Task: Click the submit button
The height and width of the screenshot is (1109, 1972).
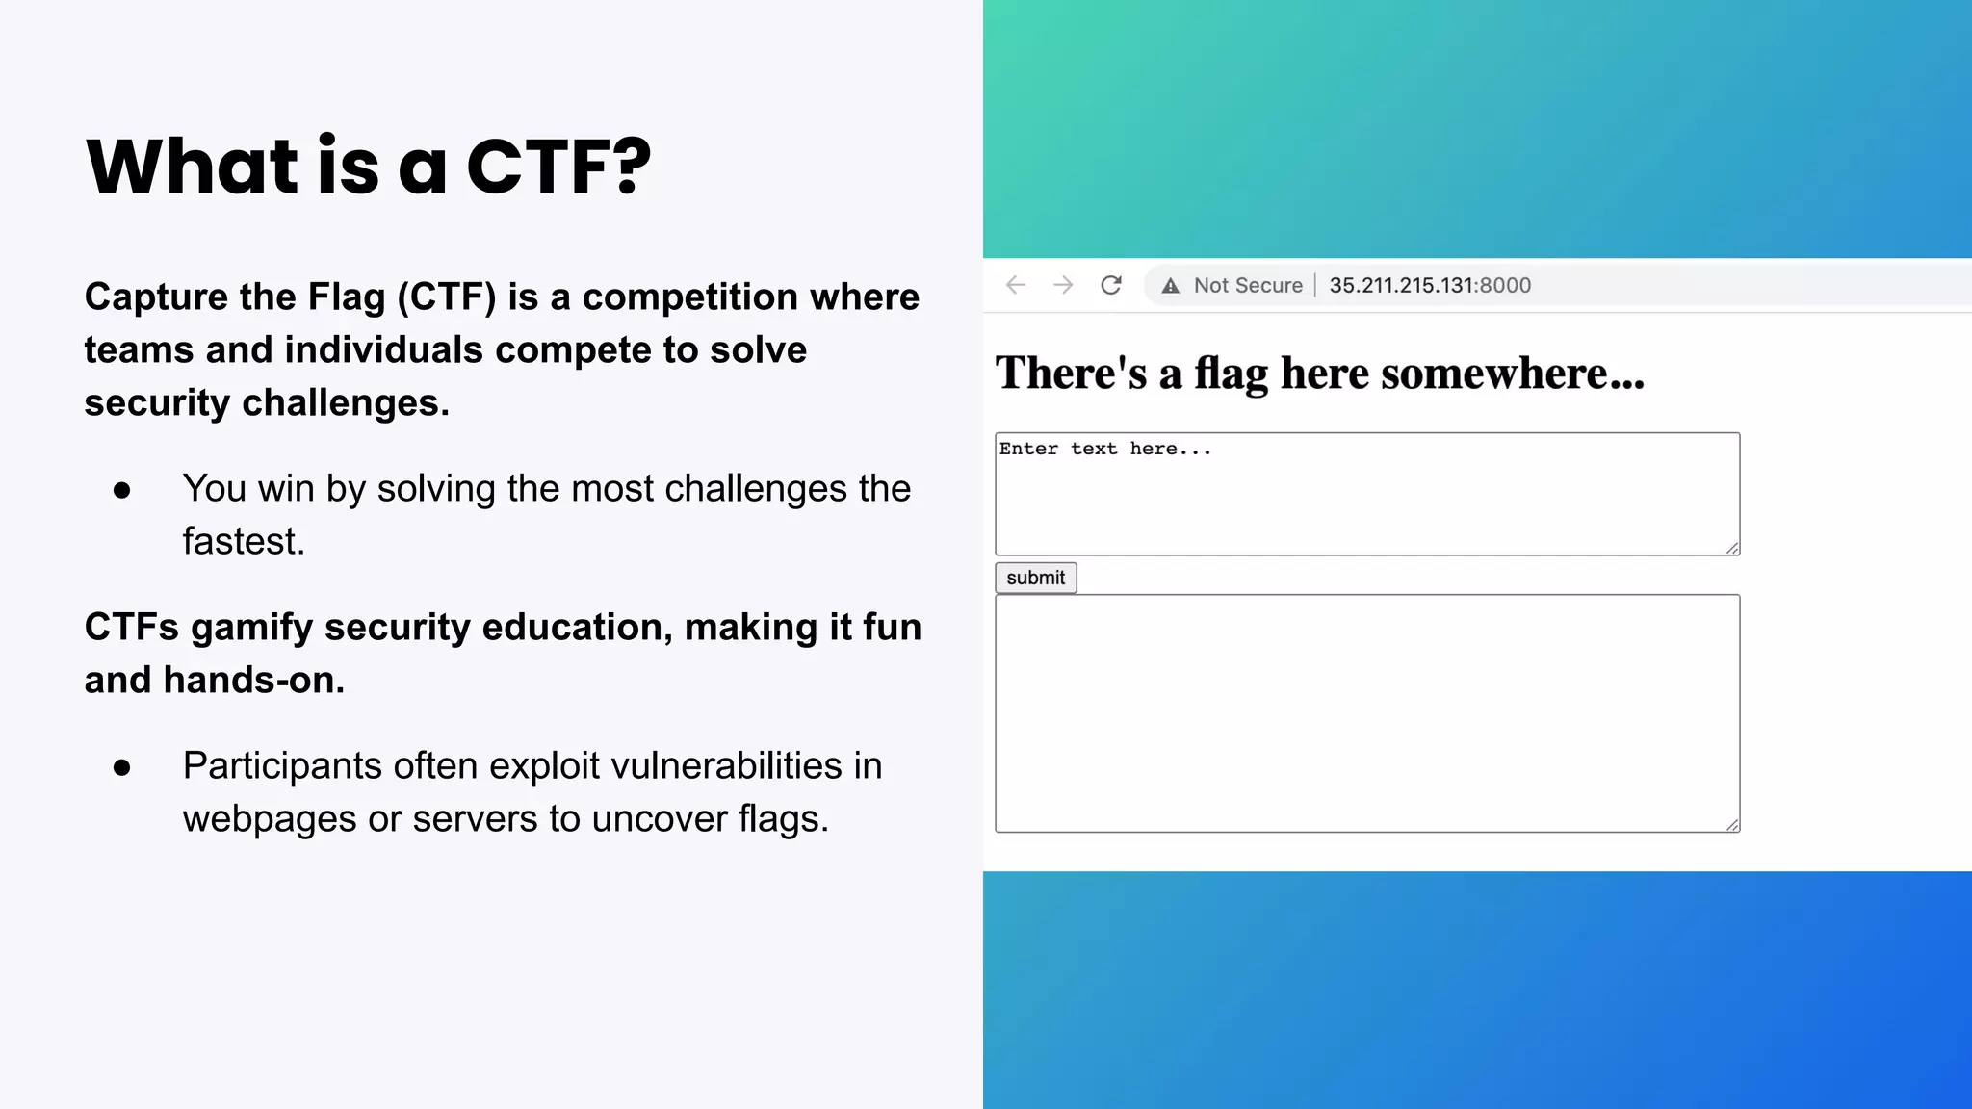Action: (1035, 578)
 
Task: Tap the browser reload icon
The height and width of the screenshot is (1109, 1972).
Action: (1110, 285)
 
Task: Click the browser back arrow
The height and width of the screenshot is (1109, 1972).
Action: (1016, 285)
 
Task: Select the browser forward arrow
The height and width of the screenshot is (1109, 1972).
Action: (1063, 285)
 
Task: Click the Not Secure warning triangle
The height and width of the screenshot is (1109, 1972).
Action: (1170, 286)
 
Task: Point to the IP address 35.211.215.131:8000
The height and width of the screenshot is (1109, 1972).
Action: (1429, 285)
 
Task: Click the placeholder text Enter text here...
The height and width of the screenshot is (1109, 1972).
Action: (1104, 449)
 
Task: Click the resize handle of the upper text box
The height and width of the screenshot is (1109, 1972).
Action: (1732, 548)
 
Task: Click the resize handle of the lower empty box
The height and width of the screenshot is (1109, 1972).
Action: (1732, 825)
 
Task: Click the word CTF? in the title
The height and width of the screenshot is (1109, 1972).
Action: (558, 167)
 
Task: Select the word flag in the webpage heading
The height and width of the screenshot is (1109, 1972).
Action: (1231, 374)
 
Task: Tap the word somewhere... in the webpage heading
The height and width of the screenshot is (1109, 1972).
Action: (1512, 374)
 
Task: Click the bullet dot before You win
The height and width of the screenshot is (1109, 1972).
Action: (122, 490)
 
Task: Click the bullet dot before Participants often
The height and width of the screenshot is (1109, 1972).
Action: (122, 767)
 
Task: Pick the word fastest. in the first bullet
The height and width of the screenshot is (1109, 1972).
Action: (244, 541)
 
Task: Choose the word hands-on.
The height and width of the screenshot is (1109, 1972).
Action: (253, 680)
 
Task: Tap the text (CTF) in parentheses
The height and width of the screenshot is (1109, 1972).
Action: (447, 297)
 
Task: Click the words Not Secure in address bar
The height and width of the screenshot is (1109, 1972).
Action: (1248, 285)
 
